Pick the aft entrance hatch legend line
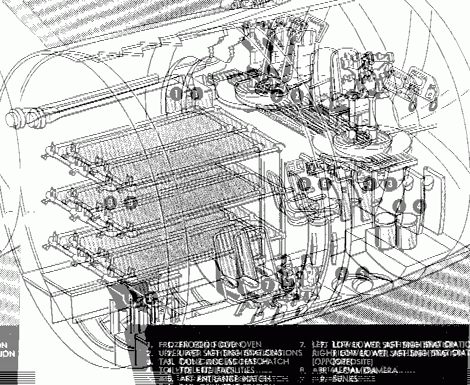[226, 378]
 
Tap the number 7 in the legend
[302, 344]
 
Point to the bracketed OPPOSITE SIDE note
[341, 361]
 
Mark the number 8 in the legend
[302, 370]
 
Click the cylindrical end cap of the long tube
[17, 117]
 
